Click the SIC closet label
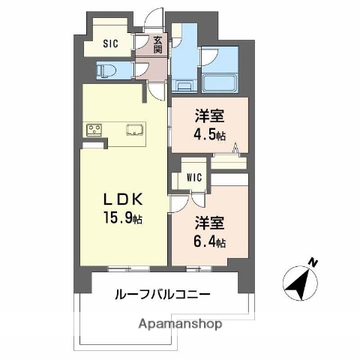(110, 43)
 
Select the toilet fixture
(105, 70)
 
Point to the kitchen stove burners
(94, 130)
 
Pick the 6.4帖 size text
(209, 241)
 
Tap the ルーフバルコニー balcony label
(162, 295)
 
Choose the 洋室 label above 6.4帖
(209, 223)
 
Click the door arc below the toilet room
(155, 90)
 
